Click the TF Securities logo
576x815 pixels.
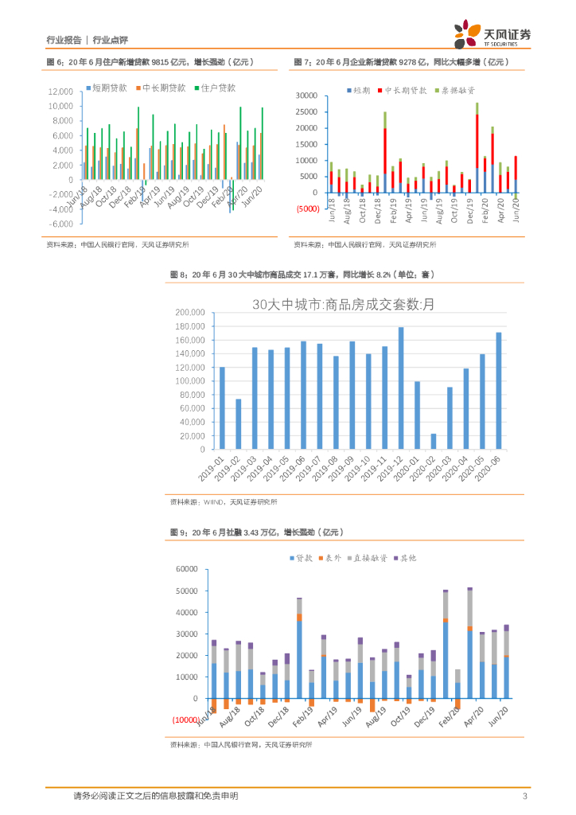click(492, 36)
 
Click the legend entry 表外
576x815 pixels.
click(328, 559)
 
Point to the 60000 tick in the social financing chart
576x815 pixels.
click(185, 569)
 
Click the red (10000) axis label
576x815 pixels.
click(185, 719)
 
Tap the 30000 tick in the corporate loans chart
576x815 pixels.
click(307, 96)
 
